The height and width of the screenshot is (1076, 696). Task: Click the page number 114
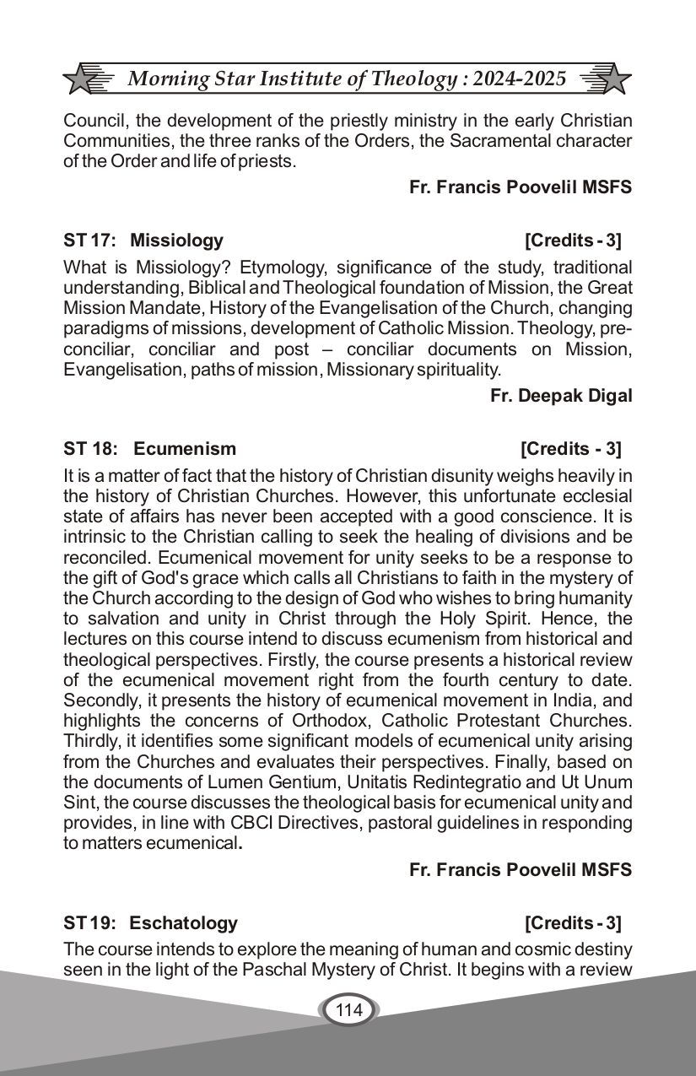tap(348, 1009)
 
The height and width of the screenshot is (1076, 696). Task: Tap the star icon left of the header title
tap(82, 78)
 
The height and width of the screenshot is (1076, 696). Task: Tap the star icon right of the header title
tap(612, 78)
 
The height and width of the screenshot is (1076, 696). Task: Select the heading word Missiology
tap(176, 241)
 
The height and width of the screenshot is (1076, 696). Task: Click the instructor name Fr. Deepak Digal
tap(561, 396)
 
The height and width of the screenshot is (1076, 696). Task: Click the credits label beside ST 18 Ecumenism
tap(571, 448)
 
